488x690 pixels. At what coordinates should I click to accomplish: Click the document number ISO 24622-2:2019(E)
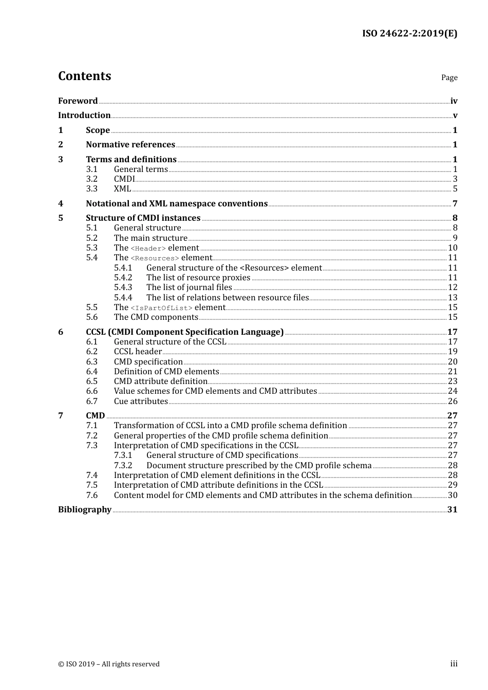pos(409,33)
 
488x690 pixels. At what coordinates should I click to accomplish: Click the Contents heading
pos(84,76)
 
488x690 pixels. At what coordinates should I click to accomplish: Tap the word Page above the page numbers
pos(449,78)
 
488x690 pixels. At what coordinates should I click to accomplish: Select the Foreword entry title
pos(78,101)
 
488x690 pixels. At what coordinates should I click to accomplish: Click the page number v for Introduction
pos(455,116)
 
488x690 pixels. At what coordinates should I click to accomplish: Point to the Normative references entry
pos(130,145)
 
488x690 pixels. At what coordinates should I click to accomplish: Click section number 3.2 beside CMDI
pos(91,179)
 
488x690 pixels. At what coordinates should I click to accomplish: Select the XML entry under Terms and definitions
pos(122,189)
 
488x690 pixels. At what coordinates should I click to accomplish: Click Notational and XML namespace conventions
pos(177,204)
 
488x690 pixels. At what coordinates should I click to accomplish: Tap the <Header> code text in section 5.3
pos(148,248)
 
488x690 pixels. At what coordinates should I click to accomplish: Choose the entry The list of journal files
pos(189,287)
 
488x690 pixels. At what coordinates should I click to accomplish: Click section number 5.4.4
pos(123,298)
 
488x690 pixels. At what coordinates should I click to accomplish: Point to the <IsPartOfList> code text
pos(161,308)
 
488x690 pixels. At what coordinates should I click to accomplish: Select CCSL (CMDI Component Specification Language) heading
pos(184,332)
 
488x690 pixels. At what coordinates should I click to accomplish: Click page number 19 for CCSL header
pos(453,352)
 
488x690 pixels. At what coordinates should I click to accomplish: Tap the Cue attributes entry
pos(141,401)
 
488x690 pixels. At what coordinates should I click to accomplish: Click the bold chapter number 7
pos(61,416)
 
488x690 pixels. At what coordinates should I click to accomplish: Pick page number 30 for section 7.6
pos(453,495)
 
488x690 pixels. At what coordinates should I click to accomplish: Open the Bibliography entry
pos(85,510)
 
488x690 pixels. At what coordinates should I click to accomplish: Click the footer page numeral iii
pos(454,664)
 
